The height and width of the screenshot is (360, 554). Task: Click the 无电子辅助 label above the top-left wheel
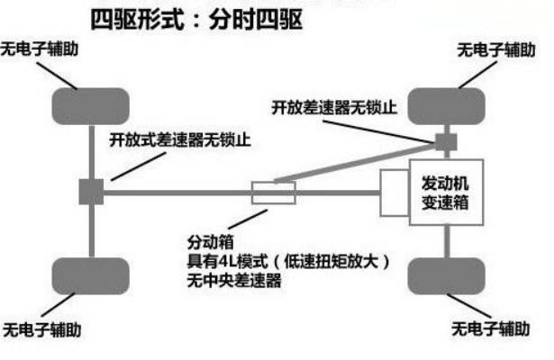[43, 49]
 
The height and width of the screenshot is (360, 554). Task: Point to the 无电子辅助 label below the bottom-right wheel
[492, 325]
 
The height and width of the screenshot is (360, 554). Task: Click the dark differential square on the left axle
[91, 191]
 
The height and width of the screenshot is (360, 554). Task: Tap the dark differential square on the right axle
[446, 141]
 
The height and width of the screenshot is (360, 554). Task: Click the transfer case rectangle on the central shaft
[273, 192]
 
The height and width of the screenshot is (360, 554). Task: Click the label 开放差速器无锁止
[333, 108]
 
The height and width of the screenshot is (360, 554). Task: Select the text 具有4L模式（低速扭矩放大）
[289, 262]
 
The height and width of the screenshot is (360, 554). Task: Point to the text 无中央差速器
[234, 281]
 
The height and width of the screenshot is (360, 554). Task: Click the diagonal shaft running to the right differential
[360, 161]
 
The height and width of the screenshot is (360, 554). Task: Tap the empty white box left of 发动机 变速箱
[395, 193]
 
